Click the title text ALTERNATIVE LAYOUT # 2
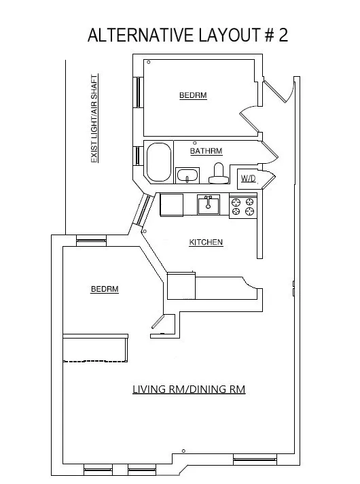187,35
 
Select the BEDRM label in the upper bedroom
193,96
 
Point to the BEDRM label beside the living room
105,289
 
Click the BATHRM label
206,151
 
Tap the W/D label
248,179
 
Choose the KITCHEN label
206,243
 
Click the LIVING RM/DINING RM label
188,390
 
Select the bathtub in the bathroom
159,162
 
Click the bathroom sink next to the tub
187,176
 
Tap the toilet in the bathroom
218,174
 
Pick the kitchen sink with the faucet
209,204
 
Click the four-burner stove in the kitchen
243,206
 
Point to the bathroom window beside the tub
139,156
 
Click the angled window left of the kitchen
142,210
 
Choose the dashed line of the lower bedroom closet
95,361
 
